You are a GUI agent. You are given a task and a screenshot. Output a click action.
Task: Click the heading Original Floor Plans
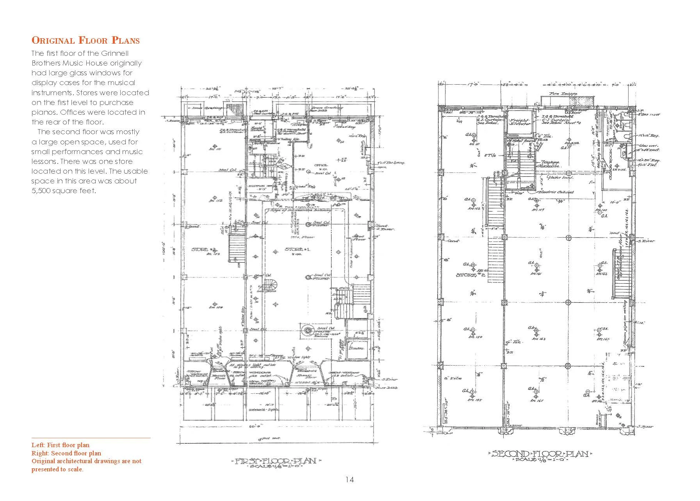(x=85, y=40)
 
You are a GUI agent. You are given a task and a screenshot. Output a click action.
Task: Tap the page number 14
(x=349, y=480)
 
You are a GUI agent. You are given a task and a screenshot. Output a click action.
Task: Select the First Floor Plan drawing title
(x=275, y=461)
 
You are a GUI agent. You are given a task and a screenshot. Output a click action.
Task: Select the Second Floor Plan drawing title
(x=541, y=454)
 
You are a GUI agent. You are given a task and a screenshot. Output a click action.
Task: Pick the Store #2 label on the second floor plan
(x=467, y=275)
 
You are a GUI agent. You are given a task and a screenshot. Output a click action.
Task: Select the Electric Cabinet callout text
(x=556, y=192)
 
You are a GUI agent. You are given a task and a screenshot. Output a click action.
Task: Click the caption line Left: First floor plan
(x=61, y=445)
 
